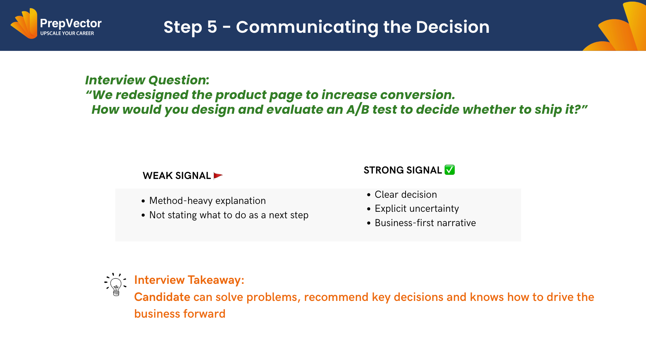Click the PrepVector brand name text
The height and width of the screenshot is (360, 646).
point(71,23)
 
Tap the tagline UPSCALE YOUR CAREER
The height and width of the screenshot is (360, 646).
point(67,33)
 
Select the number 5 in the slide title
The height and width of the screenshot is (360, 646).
point(212,27)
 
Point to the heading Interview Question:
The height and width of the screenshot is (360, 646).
point(147,80)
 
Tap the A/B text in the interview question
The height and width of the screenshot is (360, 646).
point(358,109)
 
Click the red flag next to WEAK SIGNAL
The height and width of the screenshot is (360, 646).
point(218,176)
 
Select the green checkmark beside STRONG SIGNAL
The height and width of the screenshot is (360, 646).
point(450,170)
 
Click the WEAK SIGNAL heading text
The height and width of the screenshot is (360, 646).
point(177,176)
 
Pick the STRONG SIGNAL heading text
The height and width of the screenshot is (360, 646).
point(403,170)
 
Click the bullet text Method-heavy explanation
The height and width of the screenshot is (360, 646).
point(208,200)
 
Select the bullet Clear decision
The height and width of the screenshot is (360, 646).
point(406,194)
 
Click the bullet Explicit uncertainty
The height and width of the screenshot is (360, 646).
point(417,208)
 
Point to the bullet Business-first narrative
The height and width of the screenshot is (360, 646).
point(425,223)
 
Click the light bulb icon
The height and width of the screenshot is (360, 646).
point(115,284)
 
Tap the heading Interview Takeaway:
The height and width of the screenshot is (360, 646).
point(189,280)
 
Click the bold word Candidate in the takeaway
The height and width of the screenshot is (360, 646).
point(162,297)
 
